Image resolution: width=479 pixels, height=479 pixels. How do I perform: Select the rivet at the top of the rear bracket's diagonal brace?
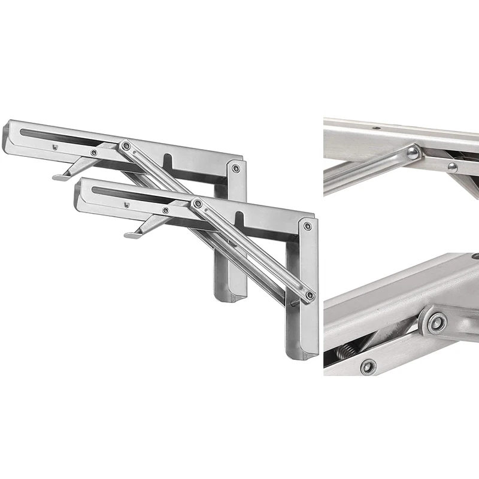[125, 145]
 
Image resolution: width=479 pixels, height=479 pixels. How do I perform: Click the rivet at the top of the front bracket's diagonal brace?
[197, 204]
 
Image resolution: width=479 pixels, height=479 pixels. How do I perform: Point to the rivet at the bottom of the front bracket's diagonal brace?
[309, 295]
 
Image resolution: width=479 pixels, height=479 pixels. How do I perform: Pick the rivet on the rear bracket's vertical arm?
[236, 169]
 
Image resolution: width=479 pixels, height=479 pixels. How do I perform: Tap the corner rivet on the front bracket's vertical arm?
[307, 226]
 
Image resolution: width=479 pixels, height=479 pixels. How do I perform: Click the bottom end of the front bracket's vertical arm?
[302, 354]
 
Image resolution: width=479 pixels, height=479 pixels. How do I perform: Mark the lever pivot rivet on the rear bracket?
[93, 153]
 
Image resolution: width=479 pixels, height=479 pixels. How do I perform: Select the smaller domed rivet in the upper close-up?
[453, 168]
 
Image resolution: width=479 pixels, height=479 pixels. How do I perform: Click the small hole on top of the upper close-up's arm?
[376, 128]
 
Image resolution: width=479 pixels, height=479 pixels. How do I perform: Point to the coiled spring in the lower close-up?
[346, 352]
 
